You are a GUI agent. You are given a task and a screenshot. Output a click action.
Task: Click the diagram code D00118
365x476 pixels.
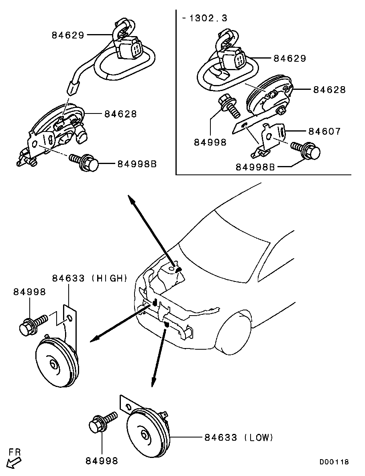coord(334,462)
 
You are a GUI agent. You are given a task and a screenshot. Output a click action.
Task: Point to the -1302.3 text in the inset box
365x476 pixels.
coord(204,18)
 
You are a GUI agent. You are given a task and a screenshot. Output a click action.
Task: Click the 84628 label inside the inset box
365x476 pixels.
coord(329,90)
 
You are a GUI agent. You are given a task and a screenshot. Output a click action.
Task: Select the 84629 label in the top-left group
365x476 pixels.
coord(68,35)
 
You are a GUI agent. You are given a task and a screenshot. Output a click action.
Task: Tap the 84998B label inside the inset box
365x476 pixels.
coord(255,166)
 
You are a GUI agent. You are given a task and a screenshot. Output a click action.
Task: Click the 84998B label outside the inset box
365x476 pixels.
coord(137,164)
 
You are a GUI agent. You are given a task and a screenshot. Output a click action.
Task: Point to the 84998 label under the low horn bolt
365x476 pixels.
coord(102,461)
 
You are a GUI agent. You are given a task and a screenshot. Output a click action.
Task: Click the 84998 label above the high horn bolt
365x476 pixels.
coord(30,292)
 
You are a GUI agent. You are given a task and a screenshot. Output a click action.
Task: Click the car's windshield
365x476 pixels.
coord(225,241)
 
